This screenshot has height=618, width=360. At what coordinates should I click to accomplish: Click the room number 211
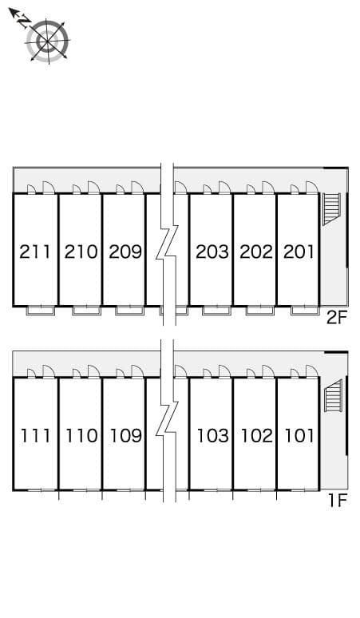coord(36,252)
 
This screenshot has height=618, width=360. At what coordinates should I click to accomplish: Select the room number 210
coord(81,252)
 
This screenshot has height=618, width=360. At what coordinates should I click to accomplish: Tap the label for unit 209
coord(125,252)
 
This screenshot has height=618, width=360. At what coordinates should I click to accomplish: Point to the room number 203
coord(212,252)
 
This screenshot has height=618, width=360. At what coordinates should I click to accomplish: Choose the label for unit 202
coord(255,252)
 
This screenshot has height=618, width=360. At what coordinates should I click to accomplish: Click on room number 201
coord(298,252)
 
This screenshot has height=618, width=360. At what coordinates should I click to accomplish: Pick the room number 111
coord(36,436)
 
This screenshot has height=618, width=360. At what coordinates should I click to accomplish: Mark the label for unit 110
coord(81,436)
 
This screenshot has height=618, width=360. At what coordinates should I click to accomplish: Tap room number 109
coord(125,436)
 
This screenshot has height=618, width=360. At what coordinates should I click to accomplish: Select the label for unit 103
coord(212,436)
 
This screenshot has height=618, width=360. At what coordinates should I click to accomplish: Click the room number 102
coord(255,436)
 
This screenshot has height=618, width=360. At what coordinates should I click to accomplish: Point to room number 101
coord(298,436)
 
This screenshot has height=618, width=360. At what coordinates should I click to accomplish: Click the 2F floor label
coord(337,318)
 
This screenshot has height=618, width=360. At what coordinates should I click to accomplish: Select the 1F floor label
coord(337,501)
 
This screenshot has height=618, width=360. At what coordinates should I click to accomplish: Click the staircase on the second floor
coord(331,209)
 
